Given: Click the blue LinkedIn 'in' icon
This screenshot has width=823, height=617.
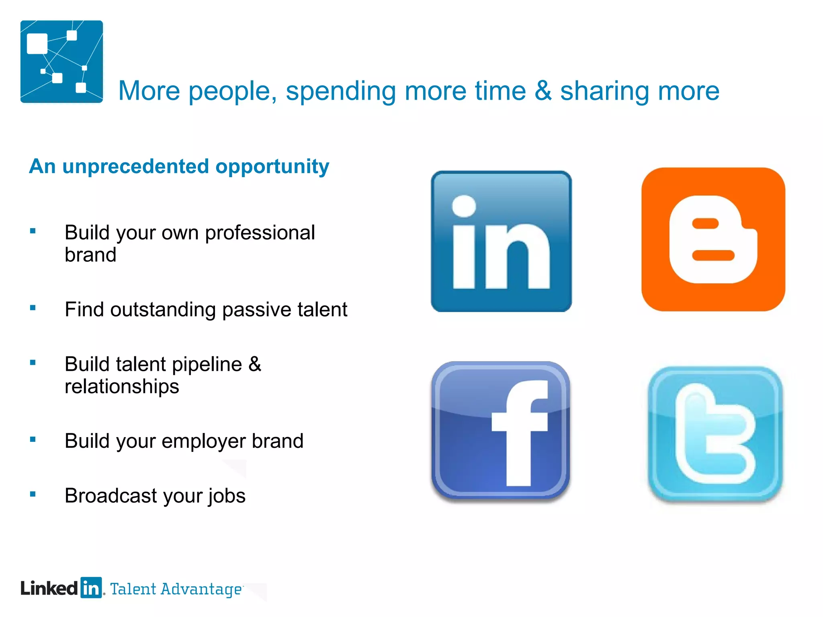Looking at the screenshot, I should click(501, 241).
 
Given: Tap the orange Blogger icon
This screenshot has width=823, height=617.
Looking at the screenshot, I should click(713, 239).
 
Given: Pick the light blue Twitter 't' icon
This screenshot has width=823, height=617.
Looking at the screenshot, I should click(715, 434).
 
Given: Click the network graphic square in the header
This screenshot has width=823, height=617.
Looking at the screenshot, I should click(61, 61).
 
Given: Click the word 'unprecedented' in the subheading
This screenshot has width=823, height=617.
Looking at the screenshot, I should click(135, 166).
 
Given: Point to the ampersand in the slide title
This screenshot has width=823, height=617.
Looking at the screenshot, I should click(543, 91).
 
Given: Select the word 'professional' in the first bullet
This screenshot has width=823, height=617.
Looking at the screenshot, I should click(260, 233).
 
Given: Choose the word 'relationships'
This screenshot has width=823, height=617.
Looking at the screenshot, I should click(122, 387).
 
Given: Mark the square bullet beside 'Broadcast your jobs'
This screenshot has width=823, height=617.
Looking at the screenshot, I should click(33, 494).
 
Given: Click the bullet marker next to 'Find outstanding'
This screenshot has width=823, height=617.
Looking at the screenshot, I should click(33, 308).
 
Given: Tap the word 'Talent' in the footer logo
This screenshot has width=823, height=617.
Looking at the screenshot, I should click(133, 589).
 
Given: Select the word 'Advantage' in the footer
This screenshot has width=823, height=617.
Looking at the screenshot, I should click(201, 589).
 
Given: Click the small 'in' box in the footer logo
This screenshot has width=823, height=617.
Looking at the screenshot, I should click(91, 588).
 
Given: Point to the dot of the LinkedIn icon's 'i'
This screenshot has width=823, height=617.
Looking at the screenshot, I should click(464, 206).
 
